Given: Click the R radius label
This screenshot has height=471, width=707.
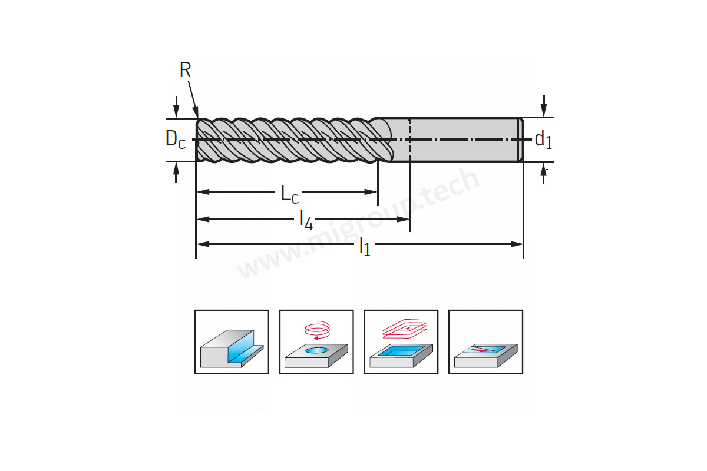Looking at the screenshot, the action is [185, 69].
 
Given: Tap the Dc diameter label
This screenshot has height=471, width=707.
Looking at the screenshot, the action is [175, 139].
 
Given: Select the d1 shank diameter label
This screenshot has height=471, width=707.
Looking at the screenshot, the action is [543, 140].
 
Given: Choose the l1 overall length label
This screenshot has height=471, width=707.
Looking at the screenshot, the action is [365, 246].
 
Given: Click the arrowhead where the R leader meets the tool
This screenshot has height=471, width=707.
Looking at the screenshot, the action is [196, 112].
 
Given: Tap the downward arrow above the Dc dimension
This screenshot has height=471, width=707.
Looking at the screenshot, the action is [176, 107].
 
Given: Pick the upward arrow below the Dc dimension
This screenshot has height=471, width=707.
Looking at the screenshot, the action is [176, 173].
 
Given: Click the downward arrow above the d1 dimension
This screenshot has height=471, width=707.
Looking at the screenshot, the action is [543, 106].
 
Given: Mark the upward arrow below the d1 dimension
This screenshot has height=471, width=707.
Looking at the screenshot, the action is [543, 174].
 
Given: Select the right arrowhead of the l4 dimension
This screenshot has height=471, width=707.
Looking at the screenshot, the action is [404, 219].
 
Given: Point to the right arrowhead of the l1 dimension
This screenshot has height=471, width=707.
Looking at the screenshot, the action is [517, 244].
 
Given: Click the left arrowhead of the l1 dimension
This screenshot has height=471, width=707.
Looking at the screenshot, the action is [203, 244].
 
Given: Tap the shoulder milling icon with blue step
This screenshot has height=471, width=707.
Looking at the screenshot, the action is [232, 342].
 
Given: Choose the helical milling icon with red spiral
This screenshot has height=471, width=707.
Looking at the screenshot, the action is [316, 342].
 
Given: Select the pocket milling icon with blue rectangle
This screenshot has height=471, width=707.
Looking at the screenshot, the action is [401, 342].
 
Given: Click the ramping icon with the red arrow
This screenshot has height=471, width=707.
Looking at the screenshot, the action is [485, 342].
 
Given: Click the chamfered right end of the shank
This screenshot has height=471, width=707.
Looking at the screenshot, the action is [521, 140].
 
